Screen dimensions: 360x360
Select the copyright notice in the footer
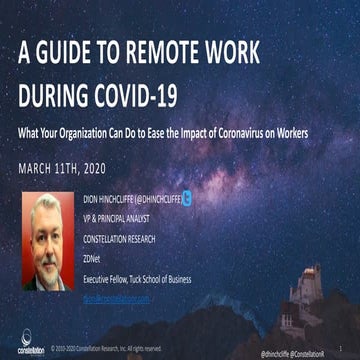pyautogui.click(x=110, y=349)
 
